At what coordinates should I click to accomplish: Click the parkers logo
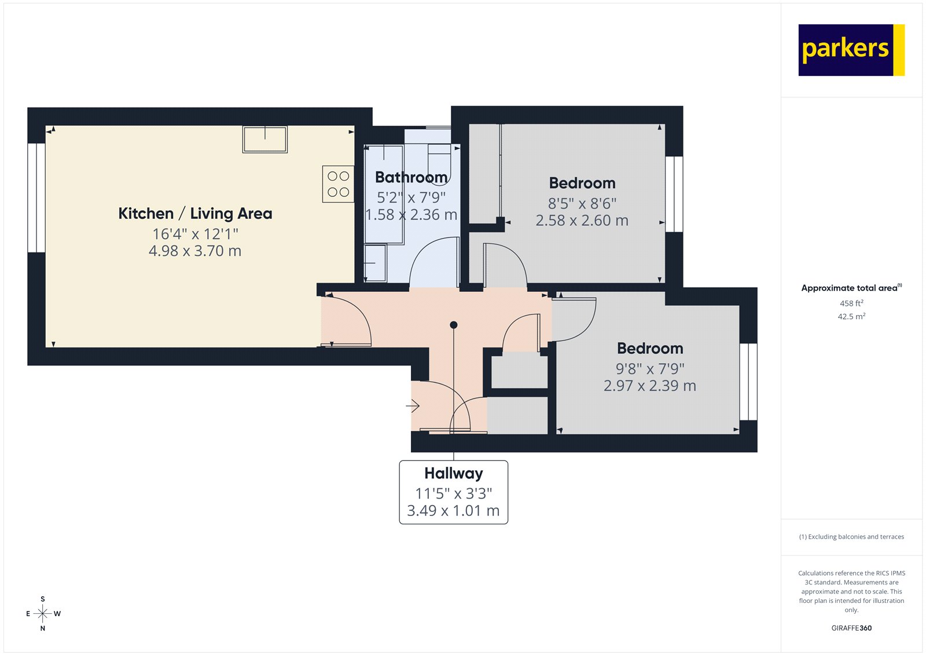click(851, 50)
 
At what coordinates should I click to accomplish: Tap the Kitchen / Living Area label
click(195, 214)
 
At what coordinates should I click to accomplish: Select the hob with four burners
click(338, 184)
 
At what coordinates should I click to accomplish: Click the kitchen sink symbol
click(265, 140)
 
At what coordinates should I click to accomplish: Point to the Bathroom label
click(411, 177)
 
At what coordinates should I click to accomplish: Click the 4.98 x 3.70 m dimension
click(195, 251)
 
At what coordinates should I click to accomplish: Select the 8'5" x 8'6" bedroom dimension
click(582, 204)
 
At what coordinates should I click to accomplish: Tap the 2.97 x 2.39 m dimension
click(649, 386)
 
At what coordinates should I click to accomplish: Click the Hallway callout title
click(453, 474)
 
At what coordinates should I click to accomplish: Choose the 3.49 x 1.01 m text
click(453, 511)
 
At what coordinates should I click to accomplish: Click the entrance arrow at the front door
click(413, 407)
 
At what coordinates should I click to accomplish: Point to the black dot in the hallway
click(454, 325)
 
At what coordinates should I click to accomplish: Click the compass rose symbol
click(43, 613)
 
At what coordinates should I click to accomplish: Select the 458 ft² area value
click(851, 303)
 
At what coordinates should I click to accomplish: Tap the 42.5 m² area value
click(851, 317)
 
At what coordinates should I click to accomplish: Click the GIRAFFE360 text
click(851, 628)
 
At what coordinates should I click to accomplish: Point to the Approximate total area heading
click(850, 288)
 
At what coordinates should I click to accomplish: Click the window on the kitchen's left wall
click(36, 197)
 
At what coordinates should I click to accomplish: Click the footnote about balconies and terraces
click(851, 537)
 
